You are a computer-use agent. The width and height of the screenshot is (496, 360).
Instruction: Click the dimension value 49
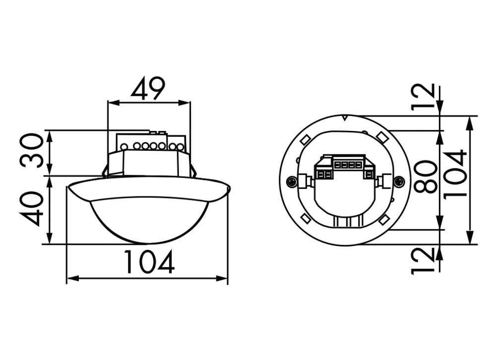[148, 89]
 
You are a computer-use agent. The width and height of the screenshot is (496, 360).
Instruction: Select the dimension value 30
[32, 151]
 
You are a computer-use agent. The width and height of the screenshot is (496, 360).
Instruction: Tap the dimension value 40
[32, 209]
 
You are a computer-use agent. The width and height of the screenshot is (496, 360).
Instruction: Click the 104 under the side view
[149, 262]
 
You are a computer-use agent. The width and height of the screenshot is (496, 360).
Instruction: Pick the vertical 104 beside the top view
[455, 174]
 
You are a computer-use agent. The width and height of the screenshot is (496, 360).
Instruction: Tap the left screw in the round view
[292, 181]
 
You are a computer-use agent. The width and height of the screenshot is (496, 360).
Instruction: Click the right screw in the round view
[399, 181]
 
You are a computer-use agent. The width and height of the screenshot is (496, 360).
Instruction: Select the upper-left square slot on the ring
[306, 140]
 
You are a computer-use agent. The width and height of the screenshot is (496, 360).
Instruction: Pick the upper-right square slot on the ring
[381, 136]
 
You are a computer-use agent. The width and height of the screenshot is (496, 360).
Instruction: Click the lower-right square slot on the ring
[384, 220]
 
